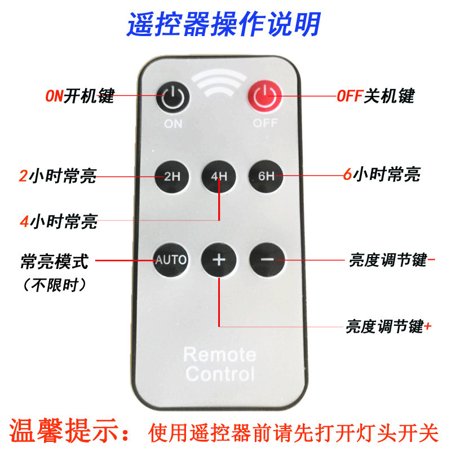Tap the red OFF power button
click(264, 96)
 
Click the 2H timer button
click(172, 176)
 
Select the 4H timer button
click(219, 176)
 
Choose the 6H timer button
click(266, 176)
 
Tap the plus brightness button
click(219, 260)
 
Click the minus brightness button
click(267, 260)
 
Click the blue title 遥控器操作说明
click(223, 24)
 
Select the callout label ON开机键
click(80, 96)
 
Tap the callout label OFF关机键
click(375, 96)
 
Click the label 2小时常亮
click(58, 176)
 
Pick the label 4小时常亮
click(59, 222)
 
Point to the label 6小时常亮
click(382, 174)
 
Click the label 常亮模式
click(54, 262)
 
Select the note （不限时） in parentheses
click(54, 285)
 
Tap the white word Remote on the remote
click(220, 355)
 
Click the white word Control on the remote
click(220, 374)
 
